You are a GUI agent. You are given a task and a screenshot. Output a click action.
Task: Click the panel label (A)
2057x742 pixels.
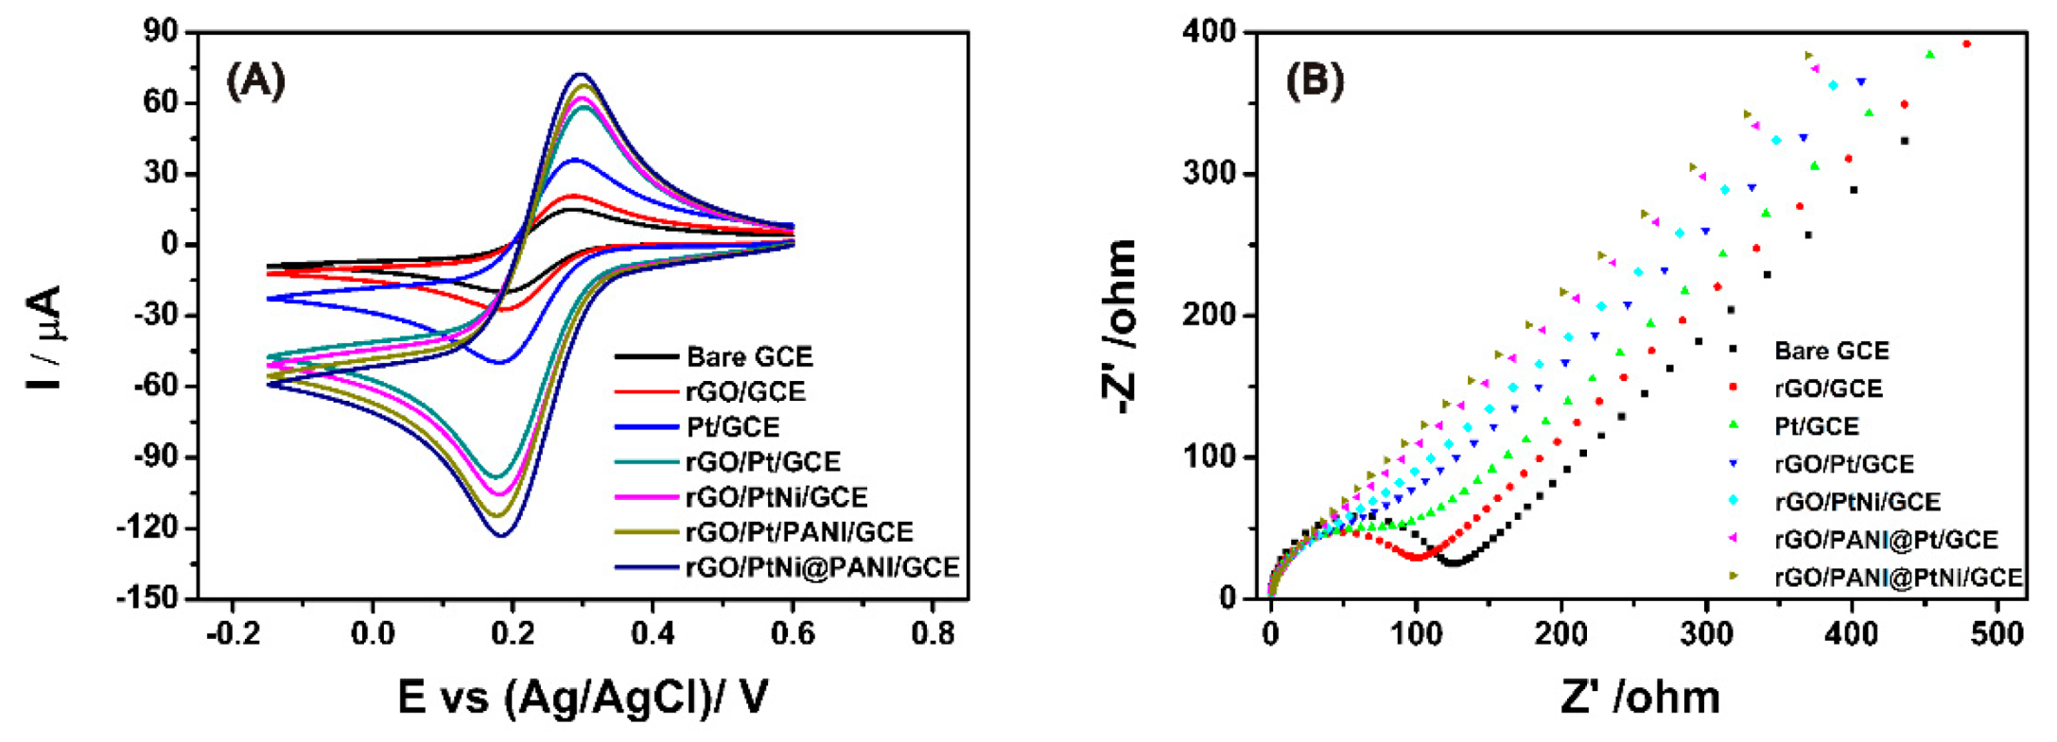[x=255, y=82]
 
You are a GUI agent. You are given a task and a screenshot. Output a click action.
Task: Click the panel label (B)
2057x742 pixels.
[x=1315, y=82]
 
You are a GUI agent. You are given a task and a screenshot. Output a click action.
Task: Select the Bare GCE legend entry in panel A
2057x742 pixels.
[x=749, y=357]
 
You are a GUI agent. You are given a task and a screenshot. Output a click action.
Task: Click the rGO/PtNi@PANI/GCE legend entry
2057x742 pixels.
[x=822, y=567]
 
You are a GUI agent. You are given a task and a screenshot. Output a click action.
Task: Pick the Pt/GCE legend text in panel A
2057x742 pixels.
[x=733, y=427]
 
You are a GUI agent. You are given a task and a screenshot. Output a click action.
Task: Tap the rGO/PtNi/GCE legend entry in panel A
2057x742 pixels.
[x=776, y=497]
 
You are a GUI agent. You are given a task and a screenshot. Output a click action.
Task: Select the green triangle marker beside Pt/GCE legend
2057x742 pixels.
[x=1733, y=425]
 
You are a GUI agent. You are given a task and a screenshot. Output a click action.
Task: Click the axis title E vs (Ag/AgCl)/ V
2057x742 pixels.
[x=582, y=699]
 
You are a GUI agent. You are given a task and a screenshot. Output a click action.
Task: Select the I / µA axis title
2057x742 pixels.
[x=45, y=337]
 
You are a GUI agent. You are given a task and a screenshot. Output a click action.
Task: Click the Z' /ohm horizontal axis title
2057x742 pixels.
[x=1640, y=699]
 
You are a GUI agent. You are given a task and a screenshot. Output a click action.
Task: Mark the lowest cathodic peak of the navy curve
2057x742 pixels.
[x=501, y=536]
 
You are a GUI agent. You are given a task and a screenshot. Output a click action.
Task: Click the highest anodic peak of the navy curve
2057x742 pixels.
[x=581, y=74]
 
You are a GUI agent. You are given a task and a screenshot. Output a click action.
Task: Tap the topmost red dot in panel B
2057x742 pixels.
[x=1966, y=43]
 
